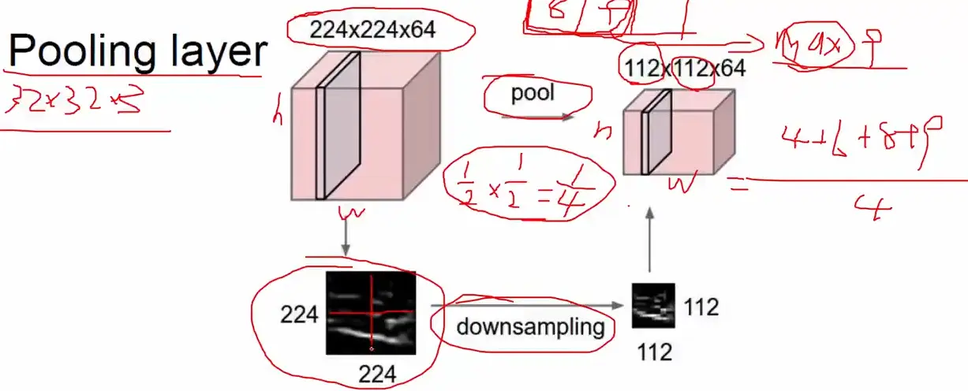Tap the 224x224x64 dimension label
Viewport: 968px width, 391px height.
coord(372,31)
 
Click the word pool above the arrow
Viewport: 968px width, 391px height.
coord(533,93)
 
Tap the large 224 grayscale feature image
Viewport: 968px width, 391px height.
coord(371,313)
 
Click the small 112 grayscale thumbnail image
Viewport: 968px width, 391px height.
coord(654,305)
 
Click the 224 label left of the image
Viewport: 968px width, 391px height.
coord(299,315)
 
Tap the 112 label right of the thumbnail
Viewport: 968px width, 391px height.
coord(701,307)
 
